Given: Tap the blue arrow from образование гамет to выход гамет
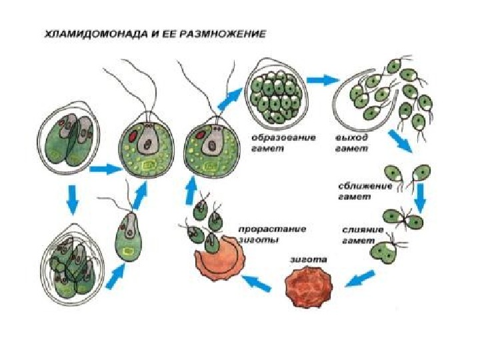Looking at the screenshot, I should tap(323, 81).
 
